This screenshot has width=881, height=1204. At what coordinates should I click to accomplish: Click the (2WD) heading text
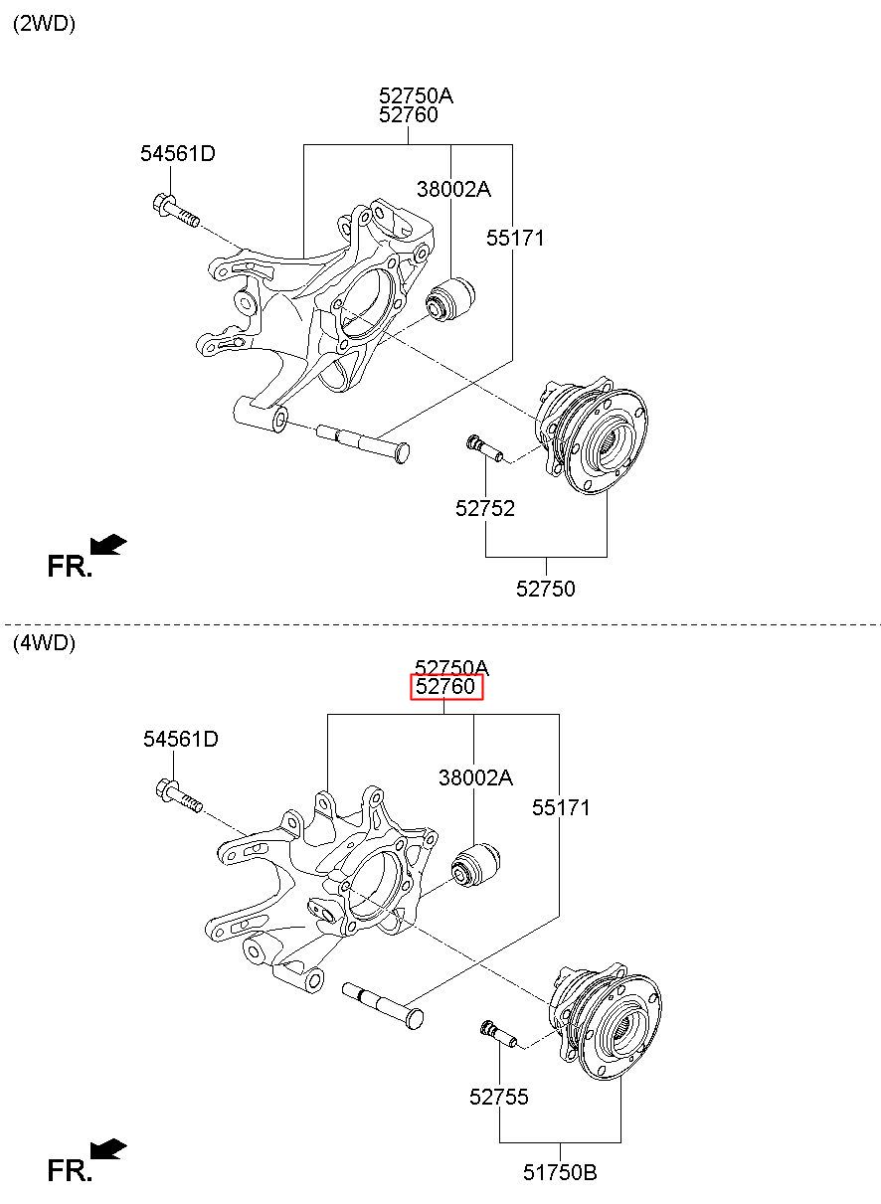[x=44, y=24]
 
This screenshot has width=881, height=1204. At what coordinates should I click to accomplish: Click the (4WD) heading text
[x=44, y=643]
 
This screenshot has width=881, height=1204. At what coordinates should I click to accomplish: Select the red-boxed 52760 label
[x=446, y=686]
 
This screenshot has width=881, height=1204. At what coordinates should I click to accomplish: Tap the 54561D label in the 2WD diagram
[x=178, y=154]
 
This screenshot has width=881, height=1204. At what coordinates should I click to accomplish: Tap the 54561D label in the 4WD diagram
[x=181, y=739]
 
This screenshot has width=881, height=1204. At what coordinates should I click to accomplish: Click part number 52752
[x=485, y=508]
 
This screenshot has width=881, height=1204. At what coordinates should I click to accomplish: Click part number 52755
[x=499, y=1097]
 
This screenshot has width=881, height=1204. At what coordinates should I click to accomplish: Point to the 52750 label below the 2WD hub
[x=546, y=590]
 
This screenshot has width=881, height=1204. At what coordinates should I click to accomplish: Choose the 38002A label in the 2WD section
[x=453, y=189]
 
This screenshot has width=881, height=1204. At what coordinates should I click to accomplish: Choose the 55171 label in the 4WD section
[x=561, y=807]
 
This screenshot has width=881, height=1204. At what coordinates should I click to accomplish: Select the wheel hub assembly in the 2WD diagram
[x=591, y=435]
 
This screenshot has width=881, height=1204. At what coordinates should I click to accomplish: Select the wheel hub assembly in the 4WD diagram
[x=605, y=1021]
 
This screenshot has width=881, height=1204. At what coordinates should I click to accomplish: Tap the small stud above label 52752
[x=484, y=448]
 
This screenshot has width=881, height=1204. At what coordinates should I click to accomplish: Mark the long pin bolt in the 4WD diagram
[x=383, y=1005]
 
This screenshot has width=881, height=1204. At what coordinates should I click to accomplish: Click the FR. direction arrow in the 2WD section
[x=108, y=545]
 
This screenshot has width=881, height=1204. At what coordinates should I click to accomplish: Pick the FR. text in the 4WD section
[x=70, y=1170]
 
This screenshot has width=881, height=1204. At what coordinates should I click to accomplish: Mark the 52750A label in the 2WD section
[x=416, y=96]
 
